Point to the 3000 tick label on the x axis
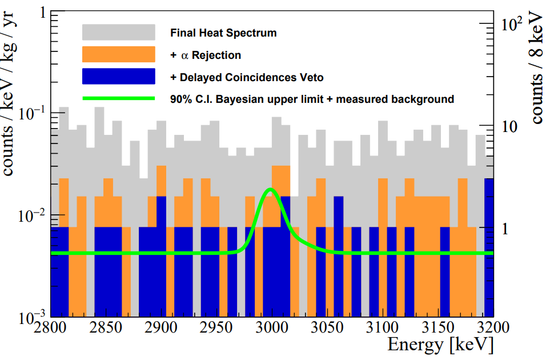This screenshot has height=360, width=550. [271, 329]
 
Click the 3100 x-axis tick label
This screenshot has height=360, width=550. [381, 329]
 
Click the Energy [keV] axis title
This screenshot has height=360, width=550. [440, 345]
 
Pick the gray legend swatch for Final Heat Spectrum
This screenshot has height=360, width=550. [119, 33]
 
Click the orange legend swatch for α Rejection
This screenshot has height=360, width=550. [119, 54]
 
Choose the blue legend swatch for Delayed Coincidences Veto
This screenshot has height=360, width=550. [119, 77]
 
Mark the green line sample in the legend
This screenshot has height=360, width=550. [119, 99]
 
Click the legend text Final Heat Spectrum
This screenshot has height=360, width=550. [223, 33]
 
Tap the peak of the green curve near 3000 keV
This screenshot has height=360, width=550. [271, 189]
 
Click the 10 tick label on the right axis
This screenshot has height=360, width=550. [509, 126]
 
